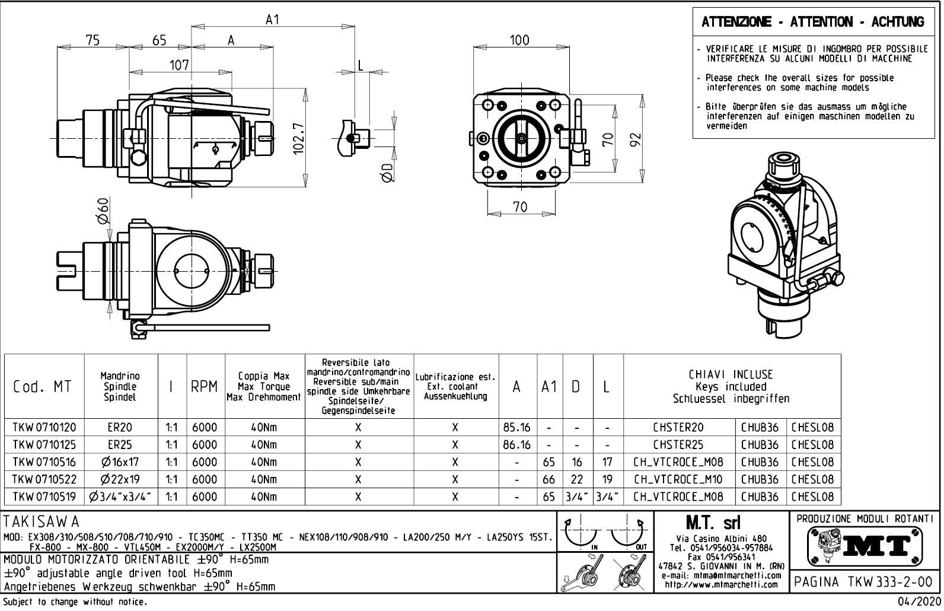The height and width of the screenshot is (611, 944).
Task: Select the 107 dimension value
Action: [x=178, y=65]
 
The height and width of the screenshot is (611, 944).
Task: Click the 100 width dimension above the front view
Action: [x=519, y=40]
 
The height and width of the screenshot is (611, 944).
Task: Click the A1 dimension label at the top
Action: [x=272, y=20]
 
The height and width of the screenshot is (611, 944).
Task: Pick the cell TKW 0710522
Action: [x=44, y=479]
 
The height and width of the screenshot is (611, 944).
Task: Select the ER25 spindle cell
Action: [x=121, y=444]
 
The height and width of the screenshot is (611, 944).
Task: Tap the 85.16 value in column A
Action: [x=518, y=427]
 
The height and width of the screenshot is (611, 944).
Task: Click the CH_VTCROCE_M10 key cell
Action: [x=679, y=479]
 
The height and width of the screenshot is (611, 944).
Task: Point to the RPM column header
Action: [x=205, y=387]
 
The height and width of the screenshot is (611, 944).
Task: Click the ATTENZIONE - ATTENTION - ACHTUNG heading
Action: [x=812, y=23]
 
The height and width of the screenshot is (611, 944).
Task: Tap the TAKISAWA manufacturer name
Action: [x=42, y=522]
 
